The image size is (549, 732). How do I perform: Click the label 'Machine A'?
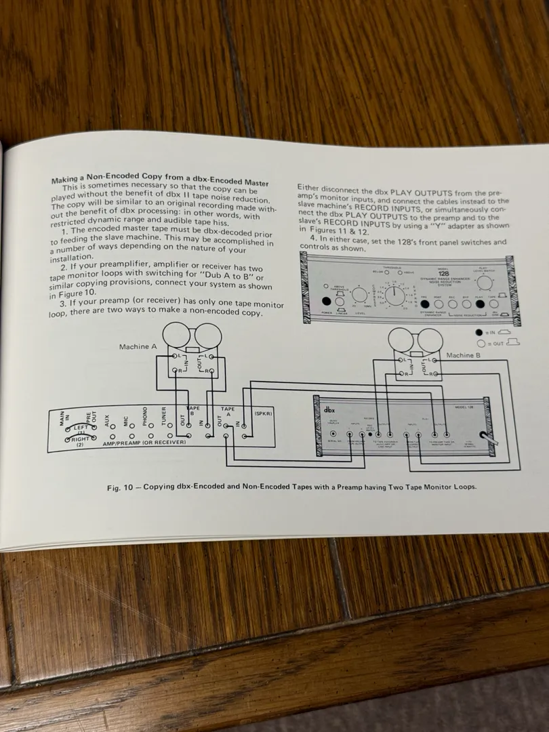(138, 347)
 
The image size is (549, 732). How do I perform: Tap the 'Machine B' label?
(464, 355)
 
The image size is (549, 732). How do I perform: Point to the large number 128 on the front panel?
(443, 273)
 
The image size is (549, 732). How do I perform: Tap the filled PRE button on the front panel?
(425, 304)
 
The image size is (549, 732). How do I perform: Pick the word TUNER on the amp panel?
(163, 415)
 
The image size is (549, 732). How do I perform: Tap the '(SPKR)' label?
(262, 412)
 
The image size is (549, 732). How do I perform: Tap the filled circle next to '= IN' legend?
(480, 332)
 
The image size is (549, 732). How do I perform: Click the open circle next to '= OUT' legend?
(480, 343)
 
